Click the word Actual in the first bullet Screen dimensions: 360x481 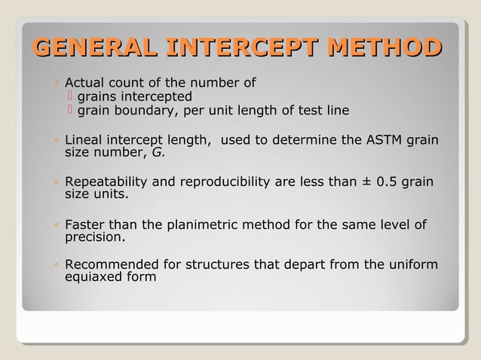[x=84, y=83]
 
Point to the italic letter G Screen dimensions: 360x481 [x=158, y=153]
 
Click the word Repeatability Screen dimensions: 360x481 [x=104, y=182]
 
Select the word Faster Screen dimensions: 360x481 [x=85, y=224]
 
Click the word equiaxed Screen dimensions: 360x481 [x=92, y=278]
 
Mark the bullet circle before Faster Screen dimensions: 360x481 [x=57, y=225]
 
